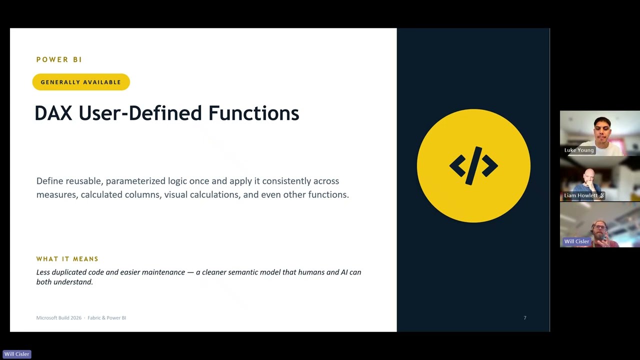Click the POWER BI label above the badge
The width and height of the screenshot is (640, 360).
[59, 59]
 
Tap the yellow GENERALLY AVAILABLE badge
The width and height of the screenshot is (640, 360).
[81, 82]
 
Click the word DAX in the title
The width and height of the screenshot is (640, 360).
[53, 113]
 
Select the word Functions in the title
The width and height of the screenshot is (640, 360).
[253, 113]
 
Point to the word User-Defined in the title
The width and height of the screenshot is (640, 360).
[140, 113]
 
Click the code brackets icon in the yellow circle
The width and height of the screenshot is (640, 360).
[473, 165]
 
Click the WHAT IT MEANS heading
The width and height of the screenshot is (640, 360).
[67, 259]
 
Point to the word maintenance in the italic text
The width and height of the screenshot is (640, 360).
[163, 272]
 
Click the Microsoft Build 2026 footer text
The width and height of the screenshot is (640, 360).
[59, 317]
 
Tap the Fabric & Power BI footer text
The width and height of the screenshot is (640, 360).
[107, 317]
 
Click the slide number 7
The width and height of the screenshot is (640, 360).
[525, 317]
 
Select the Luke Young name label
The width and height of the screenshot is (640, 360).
[579, 150]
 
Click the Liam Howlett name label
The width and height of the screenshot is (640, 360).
[581, 195]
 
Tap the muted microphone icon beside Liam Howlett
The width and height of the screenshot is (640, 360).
[601, 195]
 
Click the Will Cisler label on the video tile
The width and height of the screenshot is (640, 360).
[576, 241]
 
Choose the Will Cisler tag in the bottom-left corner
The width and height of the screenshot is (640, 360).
[17, 354]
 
